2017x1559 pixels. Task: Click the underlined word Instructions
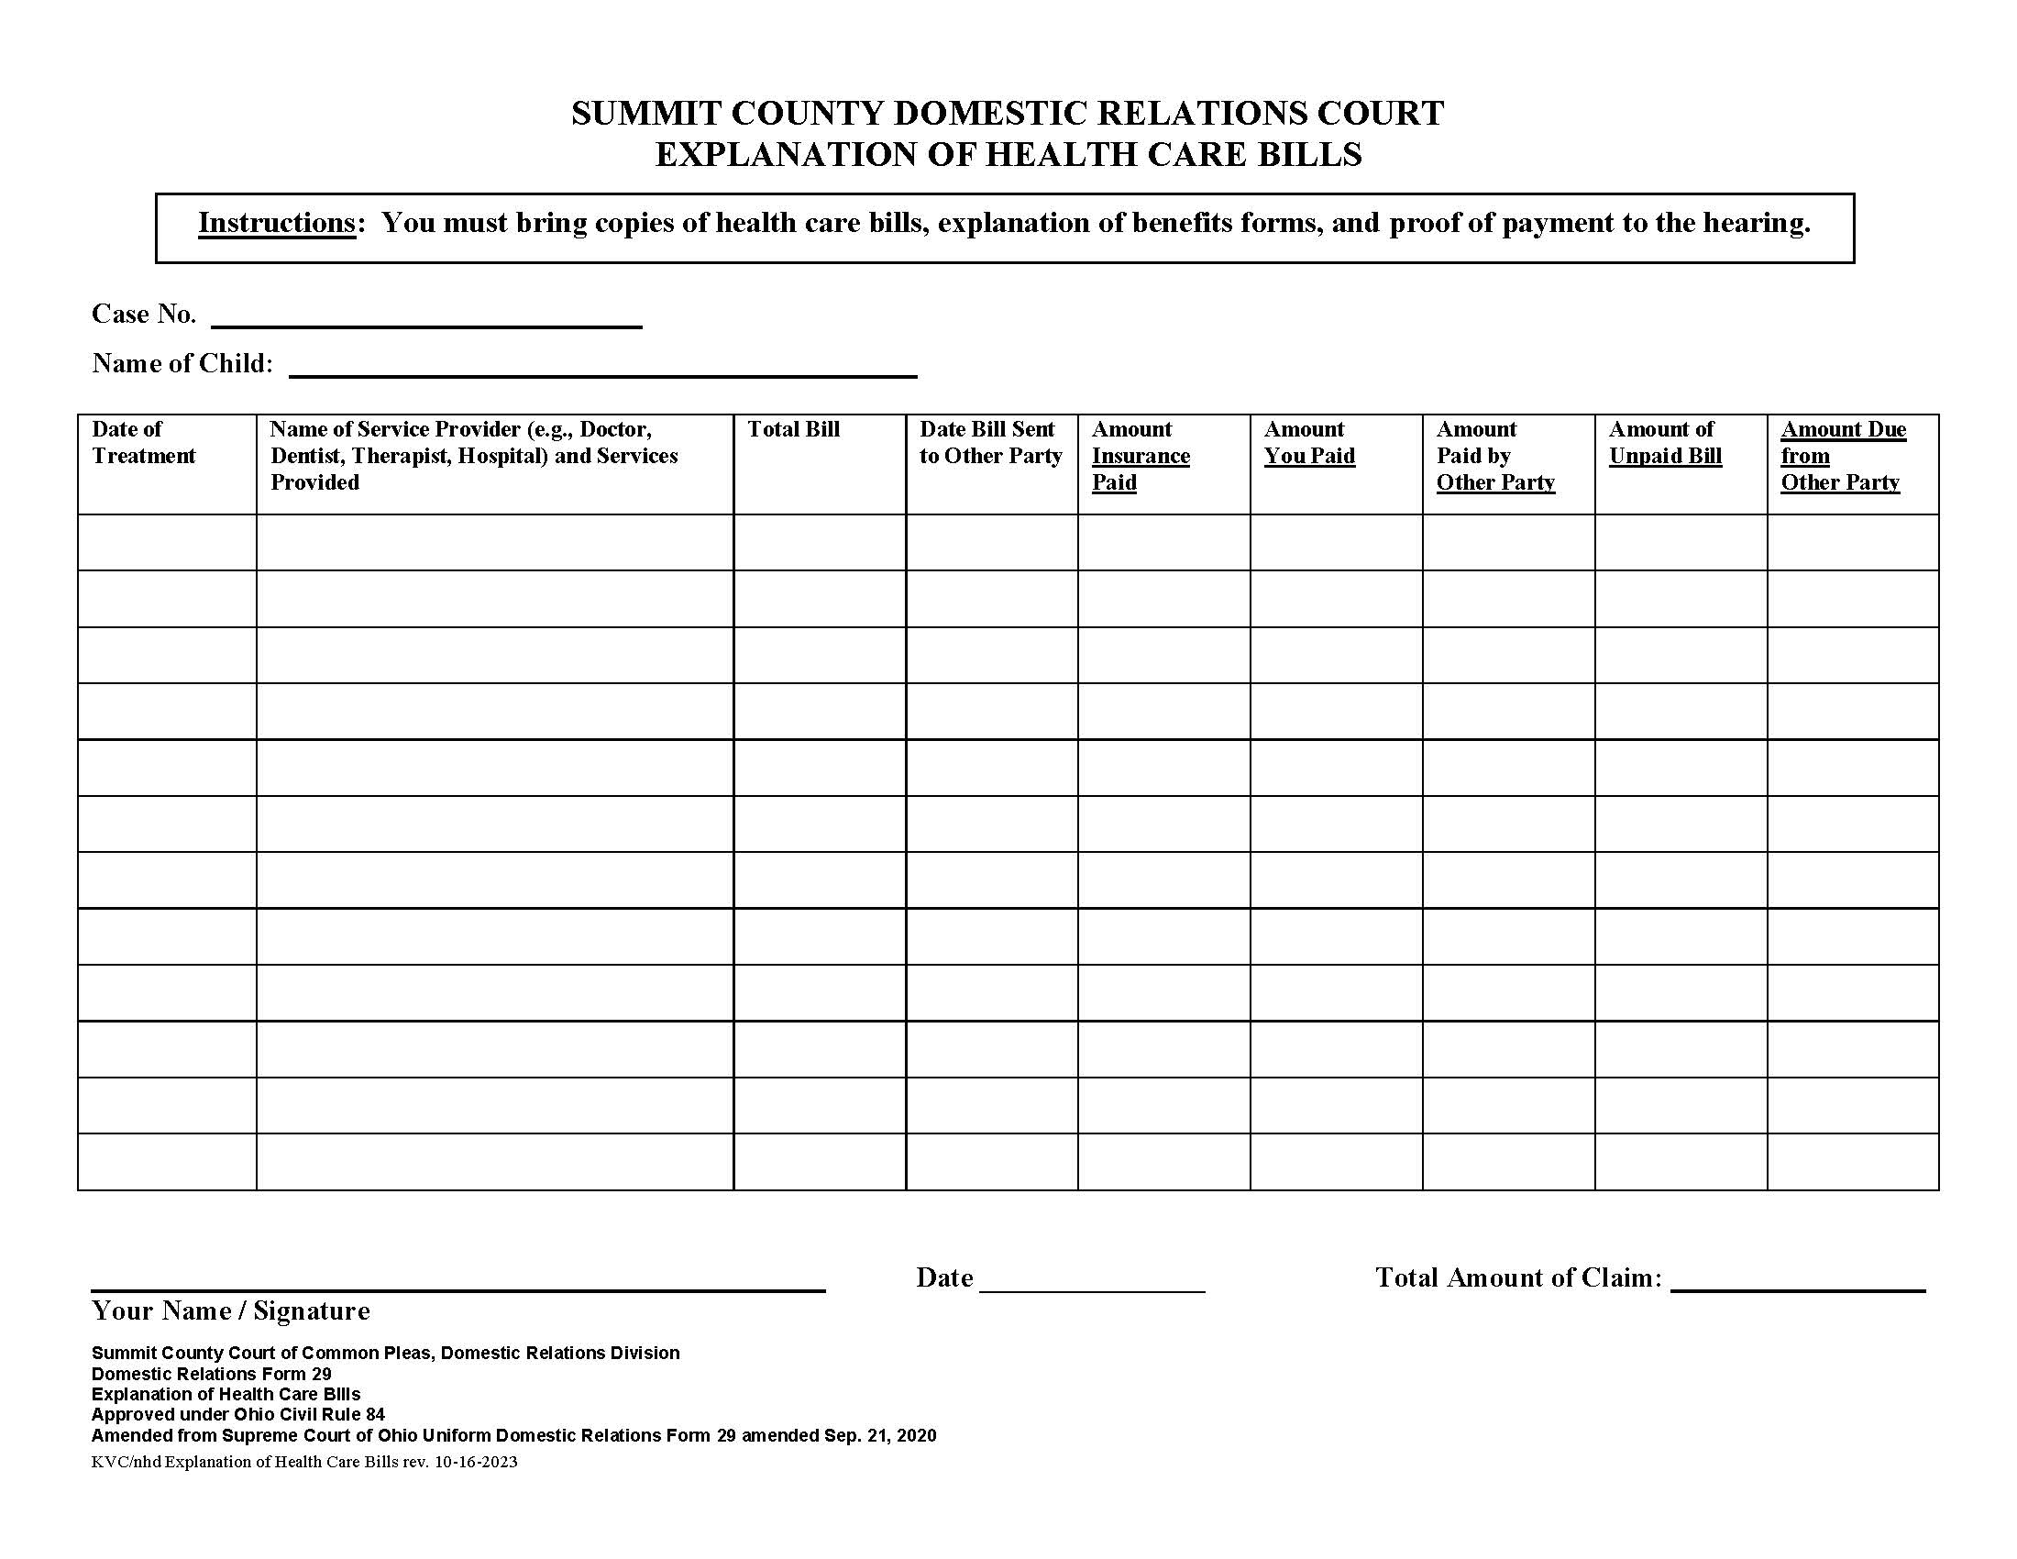click(276, 224)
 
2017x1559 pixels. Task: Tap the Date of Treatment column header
click(143, 442)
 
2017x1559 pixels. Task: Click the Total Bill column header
click(792, 429)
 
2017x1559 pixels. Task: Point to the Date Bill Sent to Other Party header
click(990, 442)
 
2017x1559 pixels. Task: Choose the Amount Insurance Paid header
click(1140, 456)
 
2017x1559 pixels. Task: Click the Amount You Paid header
click(1308, 442)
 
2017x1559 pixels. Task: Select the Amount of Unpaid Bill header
click(1664, 442)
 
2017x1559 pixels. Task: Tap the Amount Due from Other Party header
click(1843, 456)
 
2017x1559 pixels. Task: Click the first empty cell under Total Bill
click(819, 542)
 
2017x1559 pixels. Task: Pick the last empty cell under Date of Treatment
click(167, 1162)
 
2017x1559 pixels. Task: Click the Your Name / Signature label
click(230, 1310)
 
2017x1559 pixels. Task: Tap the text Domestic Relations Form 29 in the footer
click(211, 1374)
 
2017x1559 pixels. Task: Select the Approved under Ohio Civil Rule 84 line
click(237, 1414)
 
